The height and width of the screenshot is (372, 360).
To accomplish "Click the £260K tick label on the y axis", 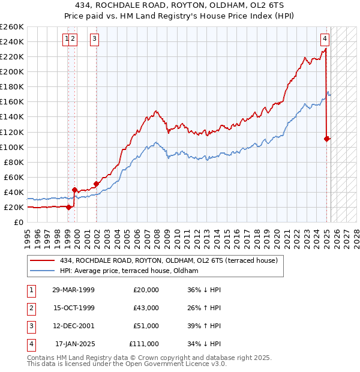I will click(12, 27).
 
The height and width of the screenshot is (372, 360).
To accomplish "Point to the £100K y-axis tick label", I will click(12, 147).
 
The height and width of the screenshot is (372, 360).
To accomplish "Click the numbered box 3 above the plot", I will click(95, 39).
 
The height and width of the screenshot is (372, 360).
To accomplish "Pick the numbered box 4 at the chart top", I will click(325, 39).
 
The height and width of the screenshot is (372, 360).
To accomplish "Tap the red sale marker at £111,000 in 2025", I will click(327, 139).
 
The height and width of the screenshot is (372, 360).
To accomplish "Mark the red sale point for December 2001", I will click(96, 184).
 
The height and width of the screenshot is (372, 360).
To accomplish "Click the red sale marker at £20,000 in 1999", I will click(68, 207).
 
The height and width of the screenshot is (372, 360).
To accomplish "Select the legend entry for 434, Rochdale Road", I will click(168, 261).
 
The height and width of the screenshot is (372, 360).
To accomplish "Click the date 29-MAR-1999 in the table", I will click(74, 290).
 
